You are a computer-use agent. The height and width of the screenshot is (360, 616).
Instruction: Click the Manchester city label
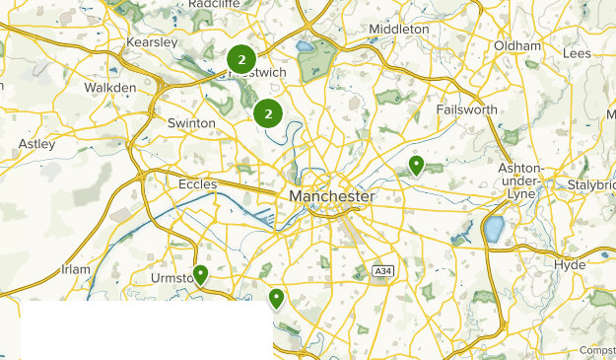point(332,197)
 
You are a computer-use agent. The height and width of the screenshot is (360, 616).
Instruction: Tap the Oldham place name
point(517,46)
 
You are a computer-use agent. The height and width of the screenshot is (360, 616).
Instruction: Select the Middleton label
point(399,30)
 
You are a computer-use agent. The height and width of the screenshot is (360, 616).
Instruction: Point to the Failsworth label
point(466,109)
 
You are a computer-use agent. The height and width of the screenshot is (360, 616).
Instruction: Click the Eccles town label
point(198,183)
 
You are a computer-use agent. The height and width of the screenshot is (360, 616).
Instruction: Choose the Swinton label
point(191,123)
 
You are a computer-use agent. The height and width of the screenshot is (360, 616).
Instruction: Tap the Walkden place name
point(109,88)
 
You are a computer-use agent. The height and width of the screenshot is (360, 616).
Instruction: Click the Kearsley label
point(152,43)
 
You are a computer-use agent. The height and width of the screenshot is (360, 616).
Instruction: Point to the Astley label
point(37,144)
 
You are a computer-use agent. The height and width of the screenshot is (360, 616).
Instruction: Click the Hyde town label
point(570,265)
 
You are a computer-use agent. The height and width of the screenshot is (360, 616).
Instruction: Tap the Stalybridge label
point(590,184)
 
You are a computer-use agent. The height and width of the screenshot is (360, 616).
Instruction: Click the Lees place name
point(577,53)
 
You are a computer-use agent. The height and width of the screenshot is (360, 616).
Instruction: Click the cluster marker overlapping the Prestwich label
point(241,60)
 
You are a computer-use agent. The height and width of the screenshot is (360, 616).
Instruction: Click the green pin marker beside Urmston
point(201,274)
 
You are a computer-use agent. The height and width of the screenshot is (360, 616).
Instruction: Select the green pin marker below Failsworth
point(417,165)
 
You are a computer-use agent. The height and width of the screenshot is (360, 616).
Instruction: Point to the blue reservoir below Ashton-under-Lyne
point(494,230)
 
